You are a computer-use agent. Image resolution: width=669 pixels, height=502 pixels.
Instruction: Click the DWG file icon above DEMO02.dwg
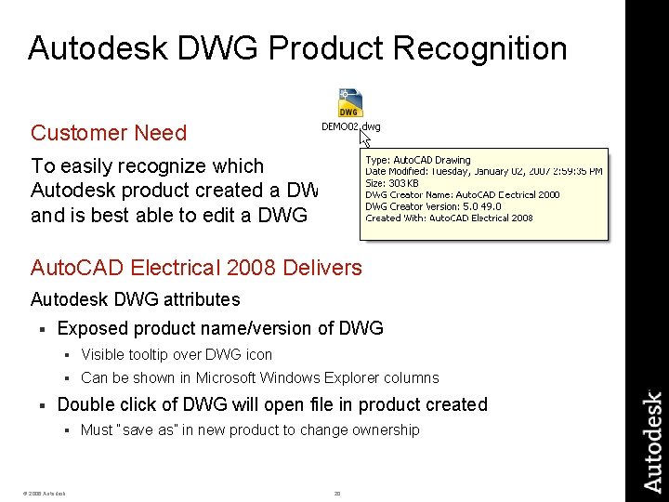tap(350, 103)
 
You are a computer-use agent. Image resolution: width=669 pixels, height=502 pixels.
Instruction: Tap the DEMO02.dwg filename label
tap(350, 126)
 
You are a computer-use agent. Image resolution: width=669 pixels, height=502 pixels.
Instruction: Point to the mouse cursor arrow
tap(365, 139)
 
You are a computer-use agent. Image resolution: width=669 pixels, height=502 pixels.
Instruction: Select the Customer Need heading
tap(109, 133)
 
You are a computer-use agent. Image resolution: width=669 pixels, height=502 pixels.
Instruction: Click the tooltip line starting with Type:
tap(418, 160)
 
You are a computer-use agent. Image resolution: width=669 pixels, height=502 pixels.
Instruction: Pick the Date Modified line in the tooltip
tap(483, 171)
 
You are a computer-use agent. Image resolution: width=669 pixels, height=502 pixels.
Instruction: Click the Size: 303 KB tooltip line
tap(392, 183)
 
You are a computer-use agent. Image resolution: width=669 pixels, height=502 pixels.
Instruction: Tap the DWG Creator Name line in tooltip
tap(462, 195)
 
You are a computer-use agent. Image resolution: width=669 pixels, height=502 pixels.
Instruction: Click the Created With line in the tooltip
tap(449, 218)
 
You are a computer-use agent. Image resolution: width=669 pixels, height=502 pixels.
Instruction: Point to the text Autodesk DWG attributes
tap(136, 299)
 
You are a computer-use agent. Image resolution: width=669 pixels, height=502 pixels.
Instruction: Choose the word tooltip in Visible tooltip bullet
tap(145, 354)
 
